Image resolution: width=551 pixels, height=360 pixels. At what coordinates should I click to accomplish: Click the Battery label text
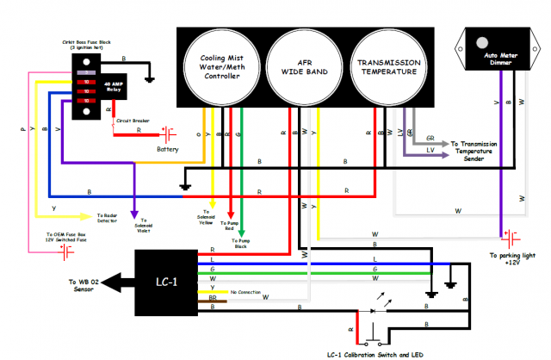[167, 149]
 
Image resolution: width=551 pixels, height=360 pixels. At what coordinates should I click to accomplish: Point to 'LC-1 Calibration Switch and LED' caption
[376, 354]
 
